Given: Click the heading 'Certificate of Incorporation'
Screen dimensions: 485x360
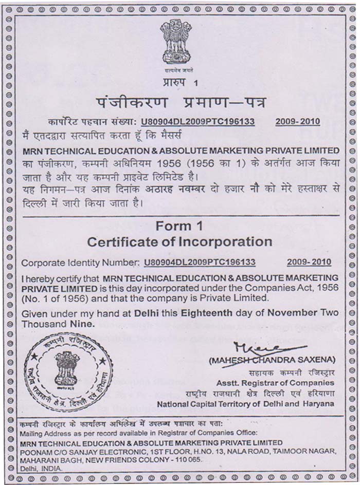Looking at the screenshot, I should [x=179, y=241].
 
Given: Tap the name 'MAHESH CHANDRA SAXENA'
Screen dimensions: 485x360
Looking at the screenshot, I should [x=272, y=359].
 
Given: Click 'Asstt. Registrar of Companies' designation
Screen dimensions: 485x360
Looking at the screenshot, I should [x=275, y=383].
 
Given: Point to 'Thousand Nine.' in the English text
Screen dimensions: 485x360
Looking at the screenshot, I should [x=58, y=324].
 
